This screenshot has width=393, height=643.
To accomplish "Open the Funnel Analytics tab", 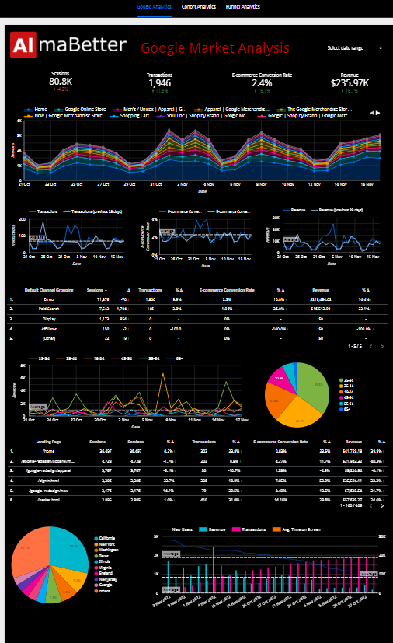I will pyautogui.click(x=244, y=6).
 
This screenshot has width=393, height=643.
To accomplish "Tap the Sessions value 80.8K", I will pyautogui.click(x=61, y=82).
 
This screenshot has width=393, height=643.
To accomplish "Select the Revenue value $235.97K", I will pyautogui.click(x=350, y=82).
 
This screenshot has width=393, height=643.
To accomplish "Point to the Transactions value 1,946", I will pyautogui.click(x=159, y=82).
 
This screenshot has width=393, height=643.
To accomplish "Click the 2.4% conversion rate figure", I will pyautogui.click(x=262, y=82).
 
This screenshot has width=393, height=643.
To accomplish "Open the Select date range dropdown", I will pyautogui.click(x=356, y=48).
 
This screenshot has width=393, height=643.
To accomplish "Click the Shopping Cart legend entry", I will pyautogui.click(x=139, y=115).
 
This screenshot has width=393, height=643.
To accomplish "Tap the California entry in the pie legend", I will pyautogui.click(x=108, y=537).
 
